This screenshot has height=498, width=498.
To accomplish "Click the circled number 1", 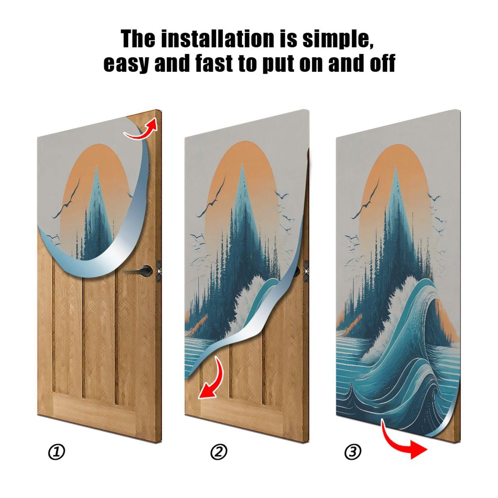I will point(57,452).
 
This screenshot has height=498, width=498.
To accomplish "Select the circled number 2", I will point(219,452).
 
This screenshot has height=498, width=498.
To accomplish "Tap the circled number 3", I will point(353,452).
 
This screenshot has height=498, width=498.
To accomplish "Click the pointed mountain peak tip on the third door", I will point(396,168).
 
